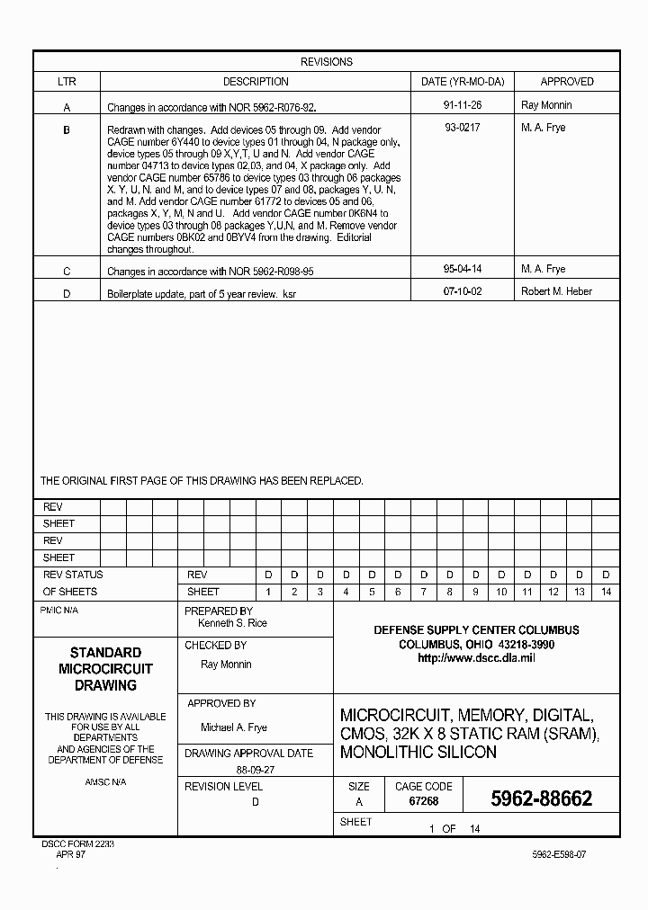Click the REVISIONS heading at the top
(326, 62)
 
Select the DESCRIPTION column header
(256, 82)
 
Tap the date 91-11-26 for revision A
(463, 105)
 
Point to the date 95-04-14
(463, 269)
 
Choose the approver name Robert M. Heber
(556, 291)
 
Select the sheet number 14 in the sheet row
(606, 592)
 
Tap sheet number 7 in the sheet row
(423, 592)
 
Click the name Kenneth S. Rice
(232, 623)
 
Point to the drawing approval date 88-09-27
(255, 771)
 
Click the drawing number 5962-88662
(541, 799)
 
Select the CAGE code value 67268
(423, 800)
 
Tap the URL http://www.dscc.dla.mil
(476, 658)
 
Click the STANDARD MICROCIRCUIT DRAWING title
(105, 668)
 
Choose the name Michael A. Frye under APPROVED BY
(233, 727)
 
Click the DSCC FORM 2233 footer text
(77, 845)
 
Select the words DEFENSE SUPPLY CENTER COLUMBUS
(476, 629)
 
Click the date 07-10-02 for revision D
(463, 291)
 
